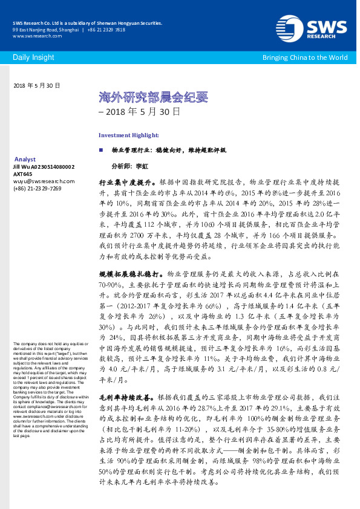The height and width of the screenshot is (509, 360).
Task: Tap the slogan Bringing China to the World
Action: [304, 57]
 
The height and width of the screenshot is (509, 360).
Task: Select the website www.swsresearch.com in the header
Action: [33, 36]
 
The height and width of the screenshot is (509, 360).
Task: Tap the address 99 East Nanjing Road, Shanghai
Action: [45, 30]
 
